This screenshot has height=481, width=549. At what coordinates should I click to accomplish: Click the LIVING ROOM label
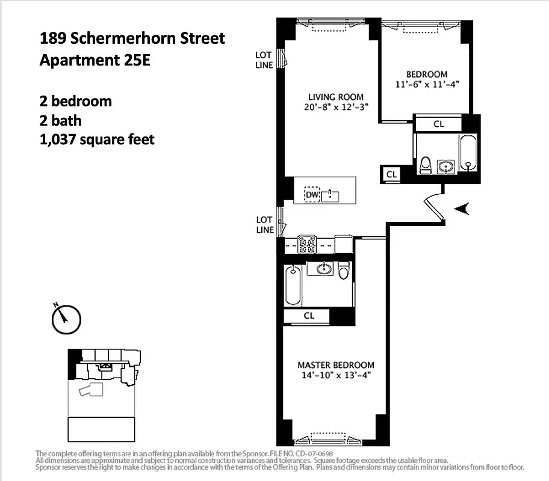click(x=336, y=97)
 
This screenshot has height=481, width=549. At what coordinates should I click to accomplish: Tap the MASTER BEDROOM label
click(x=336, y=365)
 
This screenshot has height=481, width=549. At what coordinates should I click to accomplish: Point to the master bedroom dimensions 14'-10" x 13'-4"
click(x=336, y=375)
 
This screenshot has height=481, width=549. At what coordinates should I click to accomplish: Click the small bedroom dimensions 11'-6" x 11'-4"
click(x=427, y=84)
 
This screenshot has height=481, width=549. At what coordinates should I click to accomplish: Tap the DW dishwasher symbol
click(x=312, y=195)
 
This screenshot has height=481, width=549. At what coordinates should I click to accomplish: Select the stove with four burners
click(x=309, y=245)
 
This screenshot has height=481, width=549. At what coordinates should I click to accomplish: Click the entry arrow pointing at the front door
click(x=462, y=209)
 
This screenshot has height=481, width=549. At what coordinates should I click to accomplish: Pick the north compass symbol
click(x=66, y=319)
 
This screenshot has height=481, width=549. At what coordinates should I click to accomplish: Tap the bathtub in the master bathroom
click(x=293, y=285)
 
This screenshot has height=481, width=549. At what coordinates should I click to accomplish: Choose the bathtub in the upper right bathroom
click(x=468, y=153)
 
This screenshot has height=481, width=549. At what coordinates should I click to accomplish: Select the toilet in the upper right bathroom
click(x=426, y=164)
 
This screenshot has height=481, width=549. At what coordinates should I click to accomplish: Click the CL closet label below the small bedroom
click(x=439, y=124)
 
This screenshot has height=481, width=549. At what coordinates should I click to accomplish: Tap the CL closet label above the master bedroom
click(x=309, y=316)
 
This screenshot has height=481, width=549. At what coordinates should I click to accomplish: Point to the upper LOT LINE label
click(x=264, y=60)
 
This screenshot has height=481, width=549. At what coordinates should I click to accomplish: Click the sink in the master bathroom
click(x=320, y=268)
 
